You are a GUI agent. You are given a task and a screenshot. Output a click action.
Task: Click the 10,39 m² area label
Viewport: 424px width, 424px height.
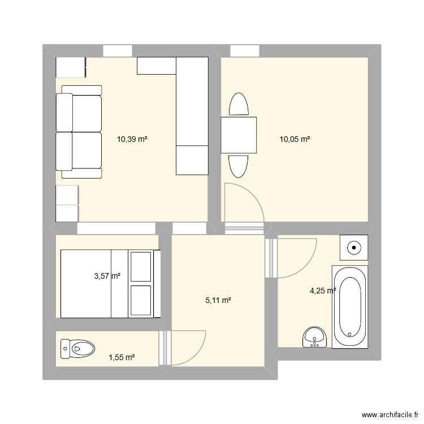click(x=132, y=139)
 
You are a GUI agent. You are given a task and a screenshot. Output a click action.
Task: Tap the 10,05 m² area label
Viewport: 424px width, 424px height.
click(x=295, y=139)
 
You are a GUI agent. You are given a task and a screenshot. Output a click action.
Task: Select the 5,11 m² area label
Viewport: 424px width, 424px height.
click(x=218, y=301)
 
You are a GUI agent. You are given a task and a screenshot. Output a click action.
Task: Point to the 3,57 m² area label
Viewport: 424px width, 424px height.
click(x=107, y=276)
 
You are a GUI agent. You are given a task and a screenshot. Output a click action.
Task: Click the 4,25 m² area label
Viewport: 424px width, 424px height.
click(x=323, y=291)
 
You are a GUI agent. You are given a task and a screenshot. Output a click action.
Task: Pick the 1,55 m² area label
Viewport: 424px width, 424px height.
click(x=122, y=357)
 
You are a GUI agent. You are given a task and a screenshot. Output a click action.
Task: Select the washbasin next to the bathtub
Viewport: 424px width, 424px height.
click(x=314, y=337)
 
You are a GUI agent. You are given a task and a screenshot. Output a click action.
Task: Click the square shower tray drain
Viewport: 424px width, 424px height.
click(x=354, y=246)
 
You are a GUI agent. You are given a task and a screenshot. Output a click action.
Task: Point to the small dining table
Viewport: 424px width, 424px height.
click(x=239, y=135)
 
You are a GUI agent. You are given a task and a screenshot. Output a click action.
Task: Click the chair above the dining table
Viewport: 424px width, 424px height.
click(x=238, y=105)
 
